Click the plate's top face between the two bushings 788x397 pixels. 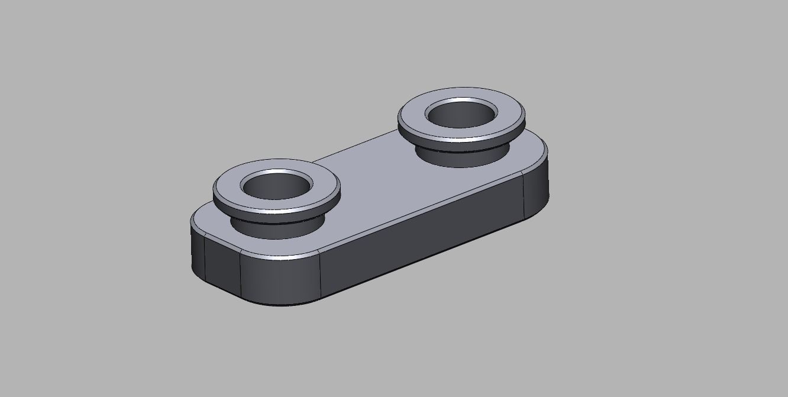point(379,177)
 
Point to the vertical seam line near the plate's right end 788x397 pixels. point(524,195)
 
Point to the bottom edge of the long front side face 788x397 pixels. point(420,260)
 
